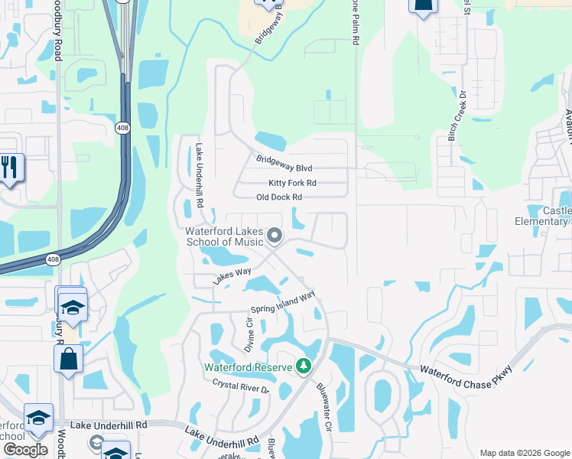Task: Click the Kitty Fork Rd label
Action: (x=292, y=184)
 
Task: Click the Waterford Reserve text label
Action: (x=248, y=367)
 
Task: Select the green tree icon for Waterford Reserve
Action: (x=304, y=367)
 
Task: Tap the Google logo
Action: (x=25, y=449)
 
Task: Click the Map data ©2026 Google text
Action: (x=524, y=453)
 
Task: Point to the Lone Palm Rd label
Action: (x=356, y=23)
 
